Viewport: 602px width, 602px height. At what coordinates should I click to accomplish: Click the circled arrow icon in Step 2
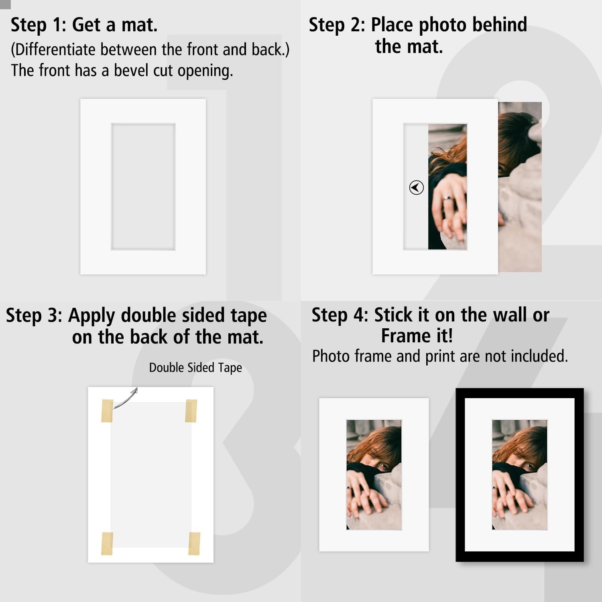coord(416,187)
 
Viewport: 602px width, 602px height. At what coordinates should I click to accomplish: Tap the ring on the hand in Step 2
coord(447,198)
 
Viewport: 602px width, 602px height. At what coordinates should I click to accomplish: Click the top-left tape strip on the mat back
coord(107,411)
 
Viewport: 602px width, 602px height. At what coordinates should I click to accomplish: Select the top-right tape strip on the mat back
coord(191,411)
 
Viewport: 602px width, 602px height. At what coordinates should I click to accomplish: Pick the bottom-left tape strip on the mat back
coord(107,544)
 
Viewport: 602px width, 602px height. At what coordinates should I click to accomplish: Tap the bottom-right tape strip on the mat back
coord(194,544)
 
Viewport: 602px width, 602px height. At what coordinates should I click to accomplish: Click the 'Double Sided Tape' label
coord(195,368)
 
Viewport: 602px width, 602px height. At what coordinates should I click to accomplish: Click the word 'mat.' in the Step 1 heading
coord(139,25)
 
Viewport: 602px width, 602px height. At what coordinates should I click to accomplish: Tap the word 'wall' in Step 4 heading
coord(510,315)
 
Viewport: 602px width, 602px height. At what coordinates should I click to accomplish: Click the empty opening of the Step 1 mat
coord(143,187)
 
